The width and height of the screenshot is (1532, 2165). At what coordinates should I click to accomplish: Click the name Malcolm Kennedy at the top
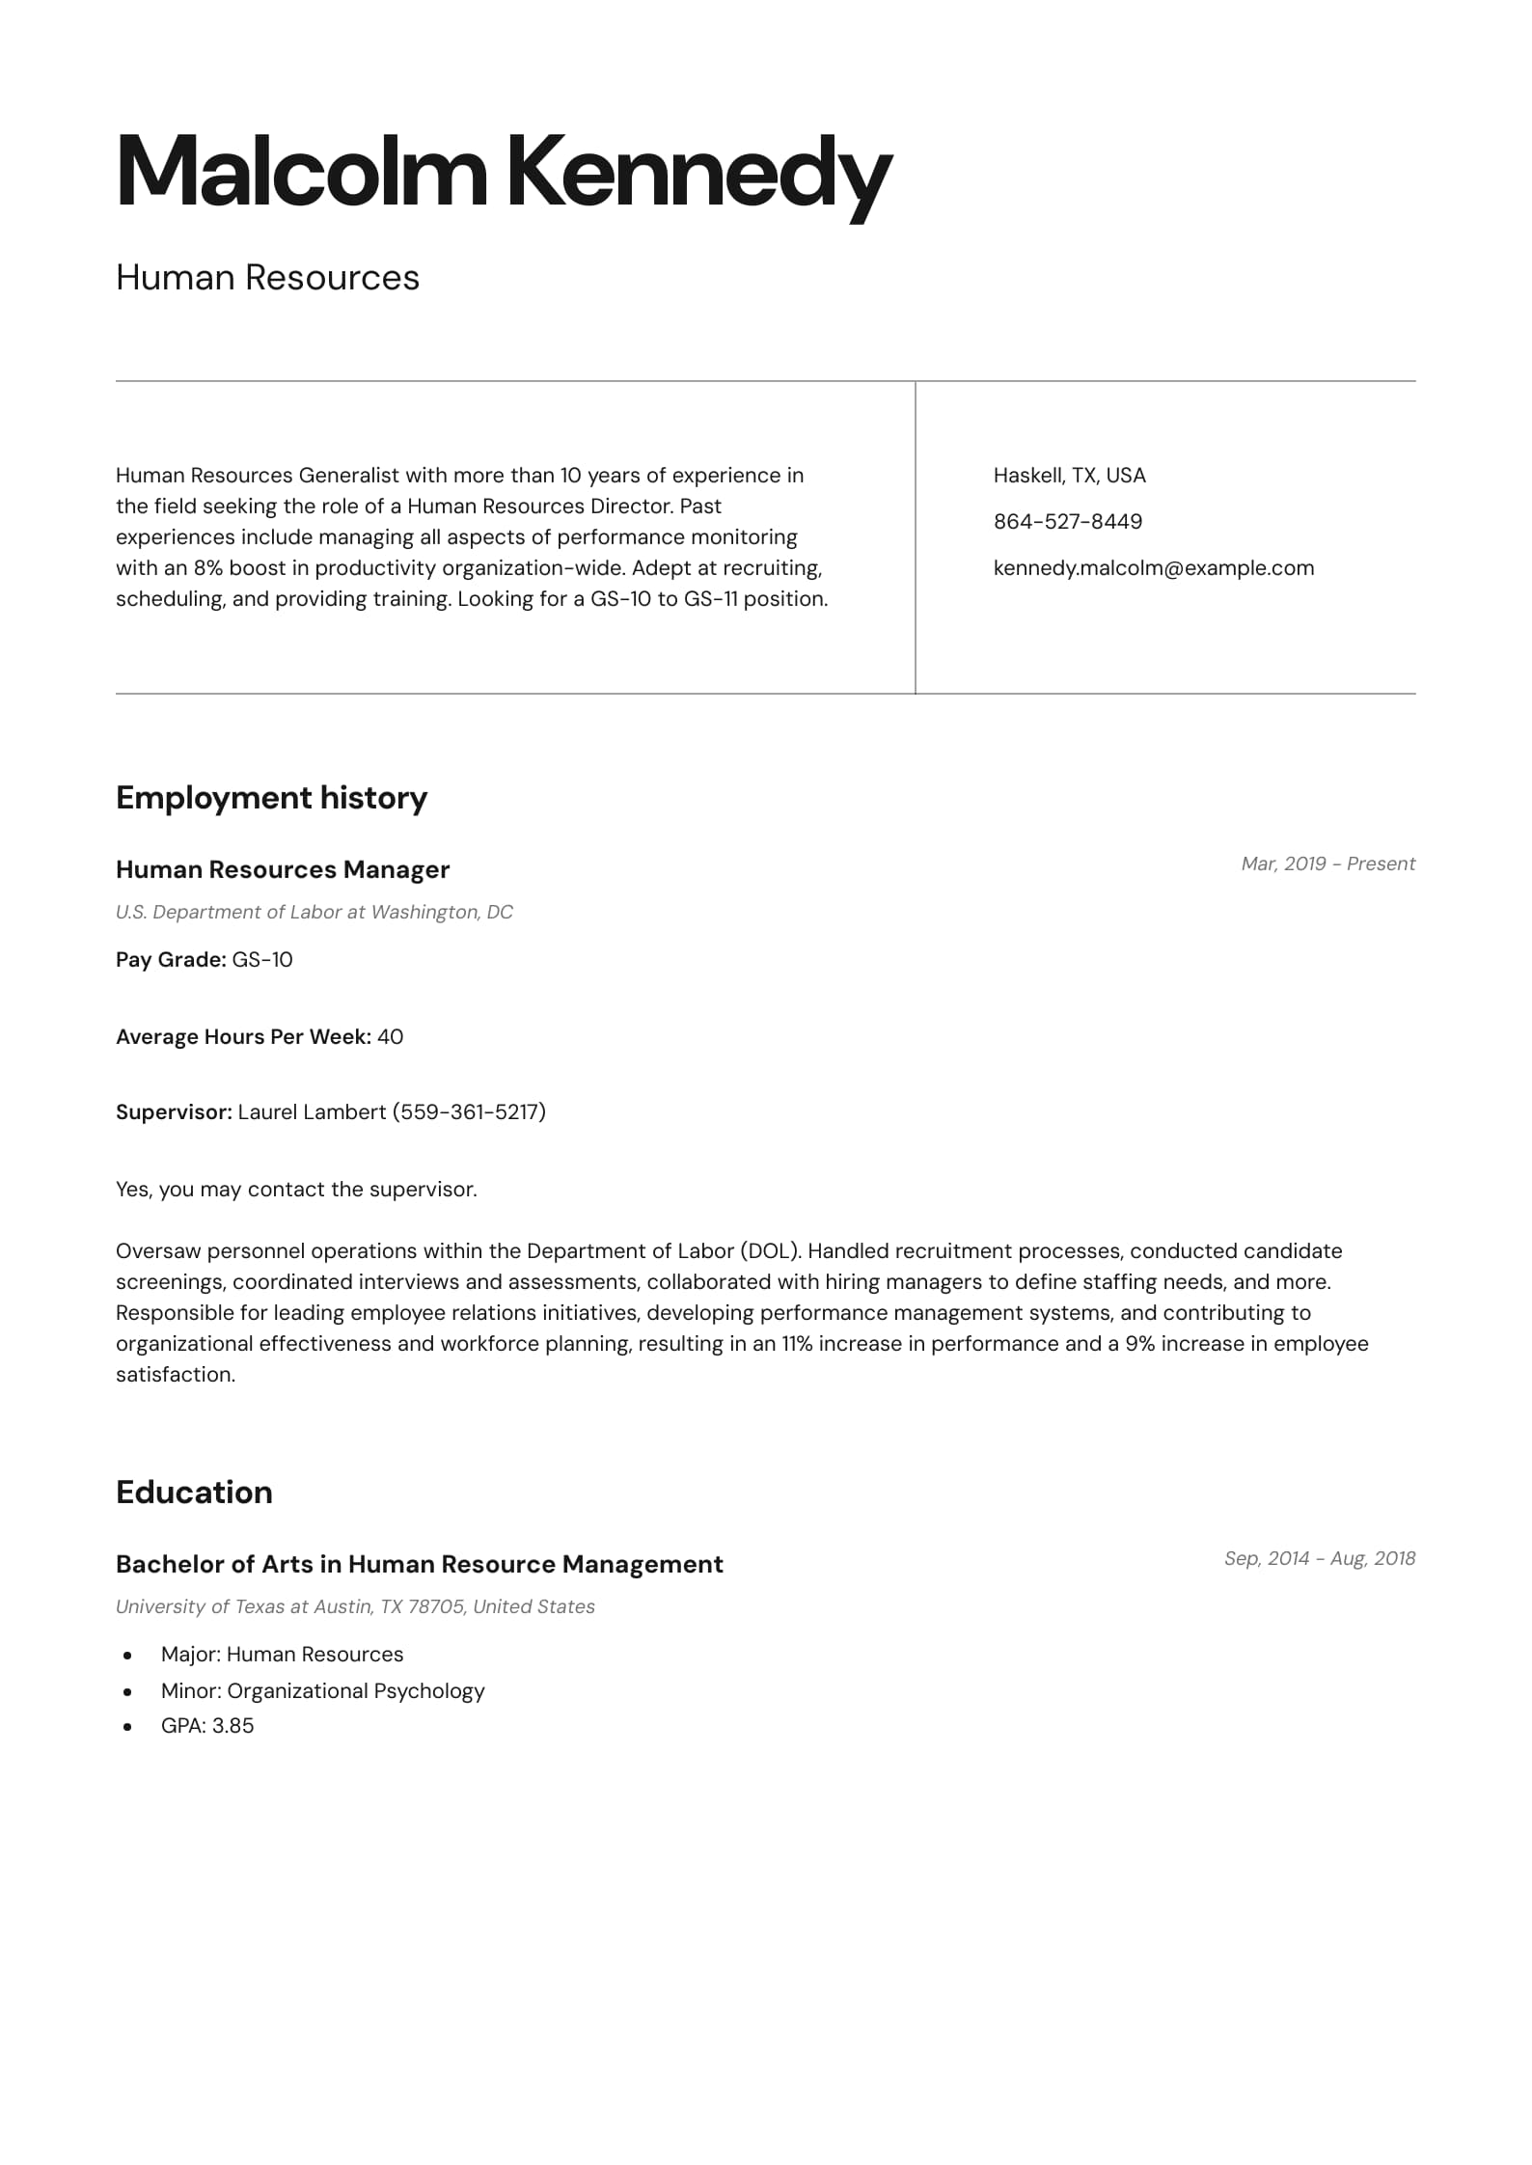pyautogui.click(x=504, y=173)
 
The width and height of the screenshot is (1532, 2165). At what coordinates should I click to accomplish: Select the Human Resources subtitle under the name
pyautogui.click(x=267, y=278)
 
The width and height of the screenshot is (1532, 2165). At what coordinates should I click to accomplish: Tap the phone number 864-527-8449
pyautogui.click(x=1067, y=522)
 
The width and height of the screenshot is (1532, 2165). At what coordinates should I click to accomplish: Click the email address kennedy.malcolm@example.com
pyautogui.click(x=1153, y=568)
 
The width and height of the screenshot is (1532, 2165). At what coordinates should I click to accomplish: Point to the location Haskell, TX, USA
pyautogui.click(x=1069, y=476)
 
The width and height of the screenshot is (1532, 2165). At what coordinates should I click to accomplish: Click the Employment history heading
pyautogui.click(x=271, y=798)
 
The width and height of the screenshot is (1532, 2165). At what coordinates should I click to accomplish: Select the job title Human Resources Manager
pyautogui.click(x=283, y=870)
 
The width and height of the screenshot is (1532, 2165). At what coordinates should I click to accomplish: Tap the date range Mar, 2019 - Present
pyautogui.click(x=1327, y=864)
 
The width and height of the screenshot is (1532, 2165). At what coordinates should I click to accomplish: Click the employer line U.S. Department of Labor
pyautogui.click(x=314, y=913)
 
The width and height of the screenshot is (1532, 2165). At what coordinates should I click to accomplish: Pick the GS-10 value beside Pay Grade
pyautogui.click(x=262, y=960)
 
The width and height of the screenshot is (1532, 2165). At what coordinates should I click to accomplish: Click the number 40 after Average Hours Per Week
pyautogui.click(x=390, y=1037)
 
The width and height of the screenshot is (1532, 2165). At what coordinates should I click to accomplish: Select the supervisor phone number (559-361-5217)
pyautogui.click(x=469, y=1112)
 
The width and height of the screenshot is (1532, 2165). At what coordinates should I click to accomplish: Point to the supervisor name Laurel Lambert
pyautogui.click(x=312, y=1112)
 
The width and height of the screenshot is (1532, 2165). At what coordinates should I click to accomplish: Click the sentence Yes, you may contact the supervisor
pyautogui.click(x=296, y=1190)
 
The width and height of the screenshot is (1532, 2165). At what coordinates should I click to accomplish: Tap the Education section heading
pyautogui.click(x=194, y=1493)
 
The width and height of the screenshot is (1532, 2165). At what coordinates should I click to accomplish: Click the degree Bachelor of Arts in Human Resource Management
pyautogui.click(x=419, y=1565)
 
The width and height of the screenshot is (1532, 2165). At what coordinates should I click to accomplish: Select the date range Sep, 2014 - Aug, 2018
pyautogui.click(x=1319, y=1559)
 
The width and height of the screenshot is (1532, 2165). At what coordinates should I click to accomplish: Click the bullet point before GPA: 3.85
pyautogui.click(x=127, y=1727)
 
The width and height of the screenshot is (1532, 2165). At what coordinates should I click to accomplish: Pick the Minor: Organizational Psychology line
pyautogui.click(x=322, y=1691)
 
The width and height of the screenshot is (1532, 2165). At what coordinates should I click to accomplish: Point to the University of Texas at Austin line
pyautogui.click(x=355, y=1607)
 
